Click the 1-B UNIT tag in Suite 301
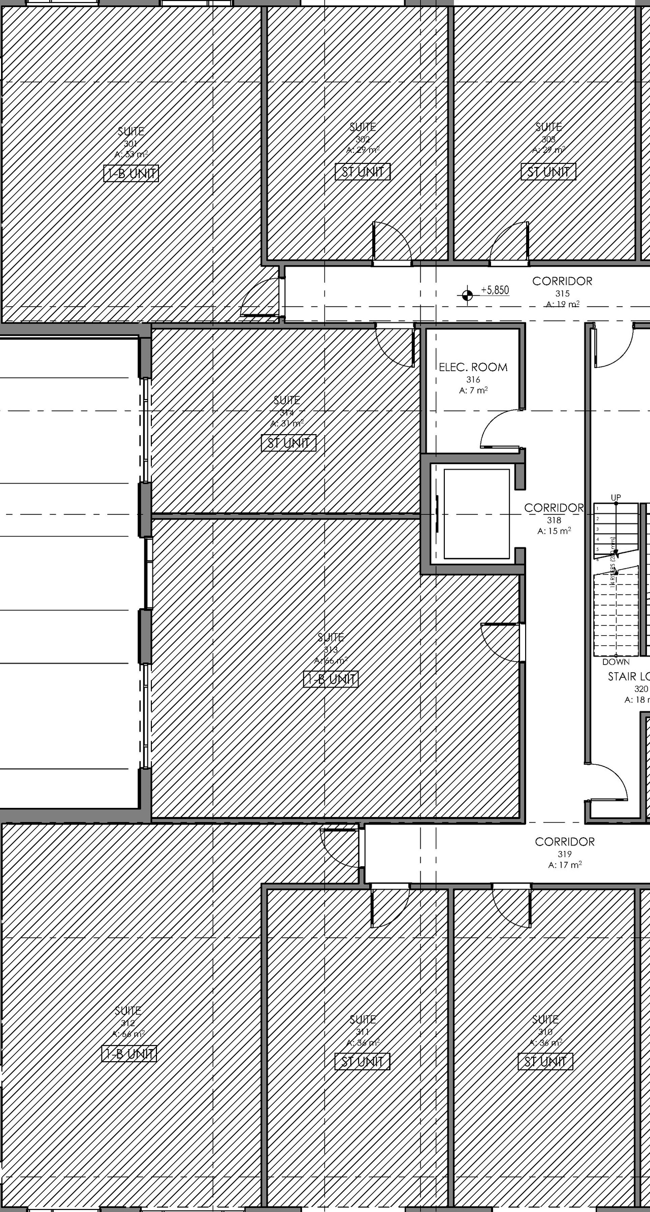coord(131,174)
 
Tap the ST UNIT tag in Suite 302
coord(363,172)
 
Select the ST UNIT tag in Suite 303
coord(548,172)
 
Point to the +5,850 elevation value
coord(495,290)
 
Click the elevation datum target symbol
coord(467,294)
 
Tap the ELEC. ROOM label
coord(473,367)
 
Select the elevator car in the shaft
coord(476,514)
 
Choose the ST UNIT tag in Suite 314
coord(288,443)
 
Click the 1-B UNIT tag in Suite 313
coord(331,679)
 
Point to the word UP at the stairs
coord(615,498)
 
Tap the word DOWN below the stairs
coord(615,662)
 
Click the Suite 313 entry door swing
coord(500,643)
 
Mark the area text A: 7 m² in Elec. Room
coord(473,390)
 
